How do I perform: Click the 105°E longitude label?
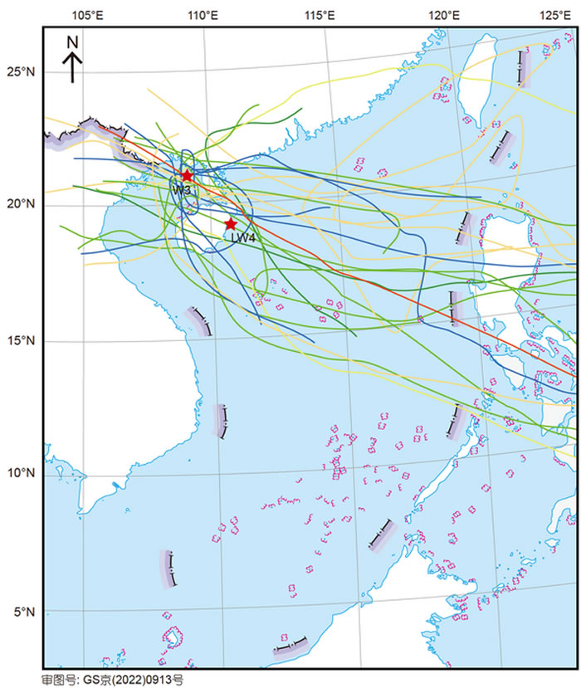click(87, 14)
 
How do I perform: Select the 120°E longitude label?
click(445, 14)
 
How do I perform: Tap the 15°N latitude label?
click(18, 340)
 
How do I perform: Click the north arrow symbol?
click(72, 67)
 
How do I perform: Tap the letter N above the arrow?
click(72, 41)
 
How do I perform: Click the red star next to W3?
click(188, 176)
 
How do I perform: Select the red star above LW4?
click(231, 224)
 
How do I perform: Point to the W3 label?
click(182, 189)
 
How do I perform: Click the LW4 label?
click(242, 238)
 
